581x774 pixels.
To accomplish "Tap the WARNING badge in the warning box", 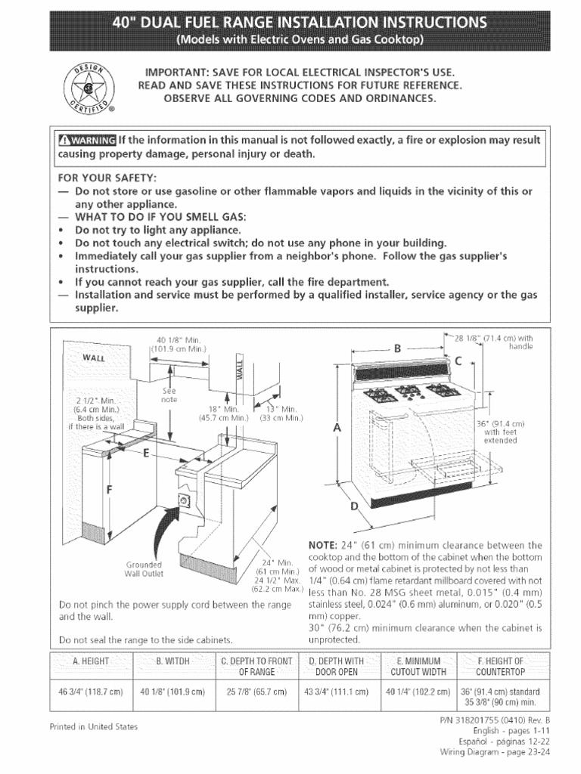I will click(87, 141).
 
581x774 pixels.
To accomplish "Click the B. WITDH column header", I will click(174, 662).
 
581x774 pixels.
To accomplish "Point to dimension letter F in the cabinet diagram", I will click(109, 490).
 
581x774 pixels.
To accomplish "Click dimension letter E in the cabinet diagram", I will click(145, 454).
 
